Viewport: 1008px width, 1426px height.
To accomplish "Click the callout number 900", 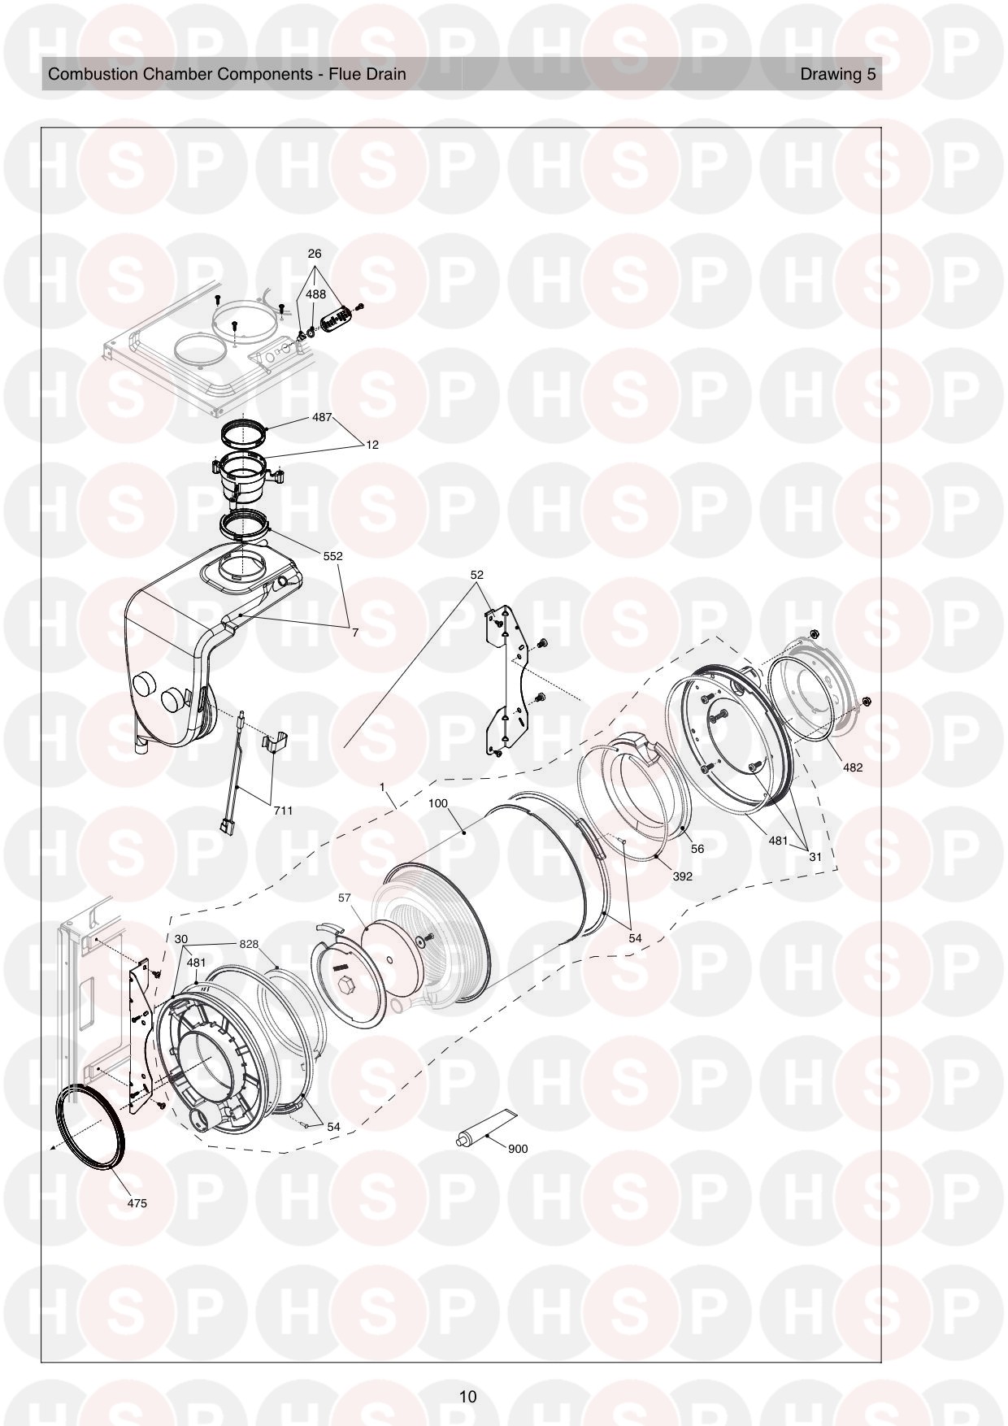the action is click(517, 1149).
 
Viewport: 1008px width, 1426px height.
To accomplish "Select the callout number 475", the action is click(137, 1203).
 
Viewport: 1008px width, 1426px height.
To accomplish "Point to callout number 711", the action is click(283, 811).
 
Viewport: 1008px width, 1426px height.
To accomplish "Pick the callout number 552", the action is click(332, 556).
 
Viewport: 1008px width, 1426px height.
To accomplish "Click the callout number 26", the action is click(315, 254).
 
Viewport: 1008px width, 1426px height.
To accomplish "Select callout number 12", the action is click(372, 445).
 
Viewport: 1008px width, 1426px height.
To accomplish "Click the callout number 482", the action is click(853, 767).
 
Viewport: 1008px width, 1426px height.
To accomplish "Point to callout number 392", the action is click(683, 876).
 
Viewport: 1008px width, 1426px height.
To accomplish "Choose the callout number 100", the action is click(438, 803).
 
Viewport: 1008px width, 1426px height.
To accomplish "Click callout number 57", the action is click(345, 898).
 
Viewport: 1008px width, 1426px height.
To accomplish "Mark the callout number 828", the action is click(249, 944).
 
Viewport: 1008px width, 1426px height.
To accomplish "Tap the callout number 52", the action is click(477, 575).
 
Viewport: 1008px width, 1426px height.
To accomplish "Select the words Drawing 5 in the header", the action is click(838, 74).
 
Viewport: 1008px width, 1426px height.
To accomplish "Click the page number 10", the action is click(467, 1397).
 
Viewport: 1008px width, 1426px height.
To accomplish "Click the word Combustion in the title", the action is click(93, 74).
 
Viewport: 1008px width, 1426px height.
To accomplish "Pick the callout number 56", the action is click(697, 849).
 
